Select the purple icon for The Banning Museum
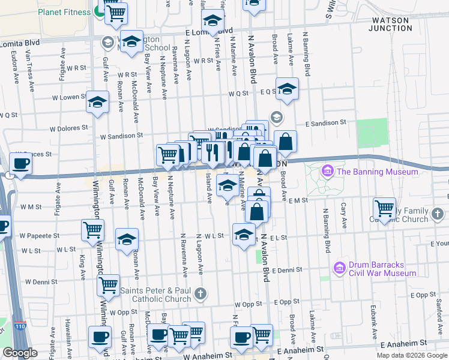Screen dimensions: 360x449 (328, 172)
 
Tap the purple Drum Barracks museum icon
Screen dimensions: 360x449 (339, 265)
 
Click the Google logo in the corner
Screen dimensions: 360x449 (20, 352)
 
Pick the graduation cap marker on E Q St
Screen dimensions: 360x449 (287, 89)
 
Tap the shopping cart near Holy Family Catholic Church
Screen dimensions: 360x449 (384, 208)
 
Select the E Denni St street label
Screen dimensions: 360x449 (286, 271)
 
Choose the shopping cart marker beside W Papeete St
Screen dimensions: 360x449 (93, 229)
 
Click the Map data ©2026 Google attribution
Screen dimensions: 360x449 (411, 355)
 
